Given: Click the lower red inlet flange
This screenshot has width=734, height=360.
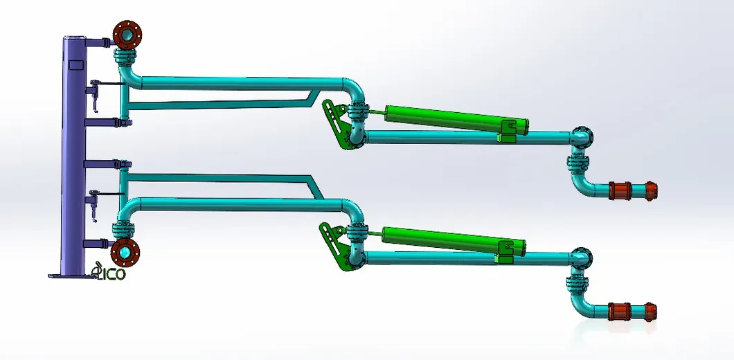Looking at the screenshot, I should pos(125,253).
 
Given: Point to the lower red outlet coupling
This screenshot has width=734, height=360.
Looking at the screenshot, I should pos(632,311).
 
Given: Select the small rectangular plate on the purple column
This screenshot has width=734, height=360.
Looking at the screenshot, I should pos(75,65).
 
